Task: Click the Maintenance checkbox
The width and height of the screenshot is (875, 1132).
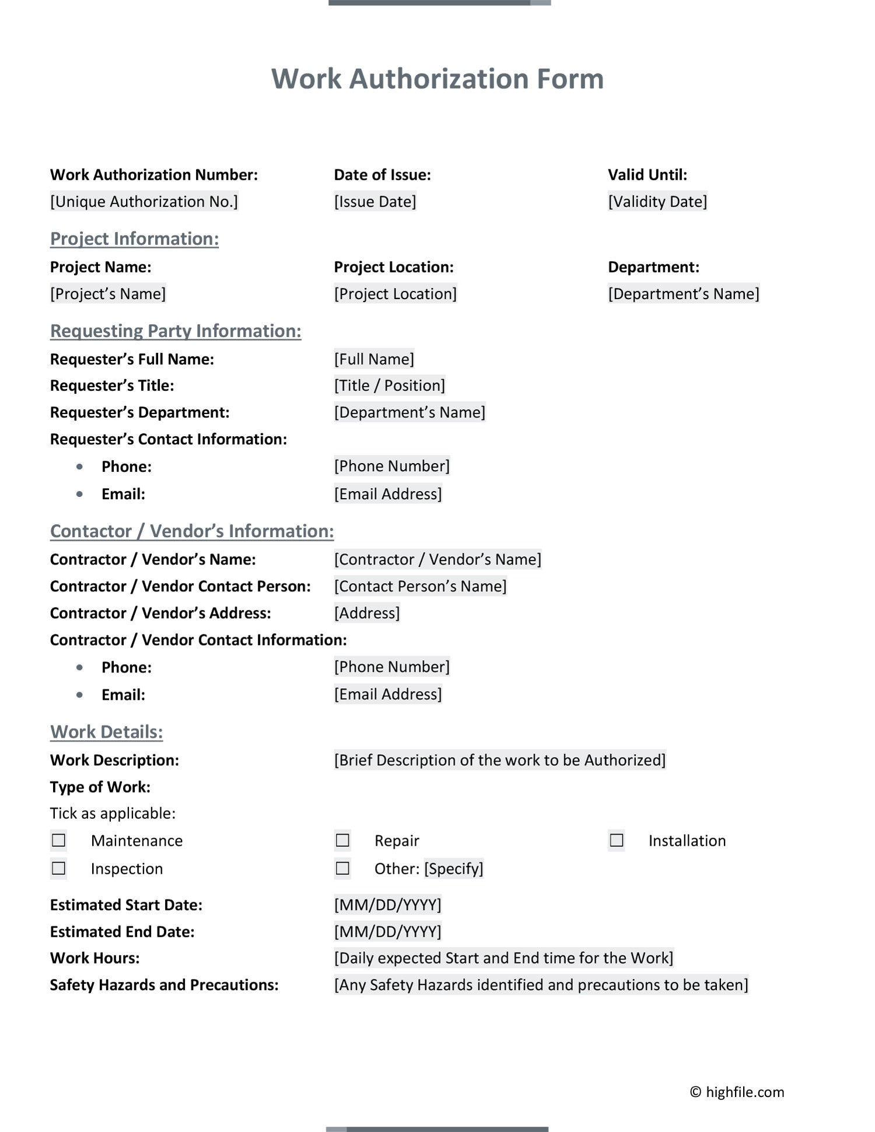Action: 58,840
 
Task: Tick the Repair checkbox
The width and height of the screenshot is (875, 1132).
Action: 342,840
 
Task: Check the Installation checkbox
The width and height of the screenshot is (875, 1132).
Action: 616,840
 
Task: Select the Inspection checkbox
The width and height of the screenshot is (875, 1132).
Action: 58,868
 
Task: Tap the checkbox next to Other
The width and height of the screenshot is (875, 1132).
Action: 342,868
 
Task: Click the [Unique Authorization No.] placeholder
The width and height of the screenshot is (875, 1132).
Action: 144,202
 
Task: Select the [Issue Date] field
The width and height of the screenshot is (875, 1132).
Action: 375,202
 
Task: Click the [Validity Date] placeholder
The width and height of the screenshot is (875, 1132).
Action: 657,202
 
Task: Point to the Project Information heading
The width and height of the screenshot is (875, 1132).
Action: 134,239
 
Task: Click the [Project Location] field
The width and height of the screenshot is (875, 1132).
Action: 395,294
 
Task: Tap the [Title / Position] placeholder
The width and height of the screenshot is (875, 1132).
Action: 389,385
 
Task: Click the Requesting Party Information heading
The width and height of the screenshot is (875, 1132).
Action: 176,331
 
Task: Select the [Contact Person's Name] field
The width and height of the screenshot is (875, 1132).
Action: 420,586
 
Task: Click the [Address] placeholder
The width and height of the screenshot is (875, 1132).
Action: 367,613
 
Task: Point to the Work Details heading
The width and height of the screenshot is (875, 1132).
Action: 106,732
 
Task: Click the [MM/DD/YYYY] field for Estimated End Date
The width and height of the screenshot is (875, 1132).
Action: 387,931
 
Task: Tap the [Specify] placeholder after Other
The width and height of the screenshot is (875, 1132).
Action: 453,869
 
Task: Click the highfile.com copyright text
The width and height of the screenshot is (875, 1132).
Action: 737,1092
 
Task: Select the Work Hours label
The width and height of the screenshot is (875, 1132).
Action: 94,958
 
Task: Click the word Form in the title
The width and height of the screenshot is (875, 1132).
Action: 570,79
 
